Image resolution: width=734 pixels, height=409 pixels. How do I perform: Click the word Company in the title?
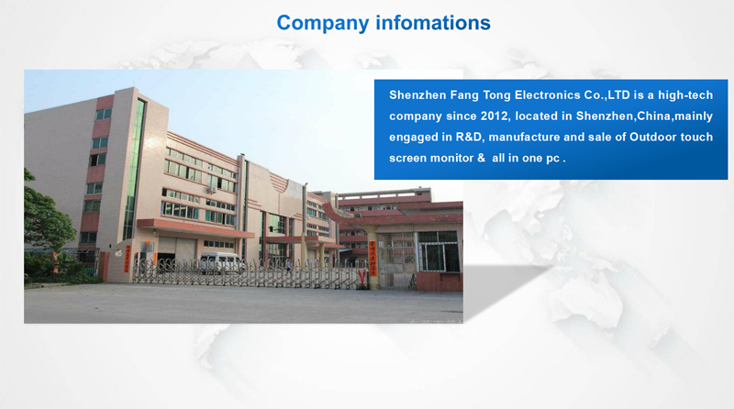[x=323, y=24]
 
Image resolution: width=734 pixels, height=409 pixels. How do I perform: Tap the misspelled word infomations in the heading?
[x=433, y=22]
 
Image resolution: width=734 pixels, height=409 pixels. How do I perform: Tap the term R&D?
[x=469, y=138]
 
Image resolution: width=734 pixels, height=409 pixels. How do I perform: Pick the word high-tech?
[x=685, y=95]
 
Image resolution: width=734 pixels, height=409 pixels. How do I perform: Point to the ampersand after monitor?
[x=481, y=158]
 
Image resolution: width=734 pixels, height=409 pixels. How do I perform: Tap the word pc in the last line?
[x=553, y=160]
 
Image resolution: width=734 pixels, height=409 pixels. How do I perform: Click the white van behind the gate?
[x=221, y=262]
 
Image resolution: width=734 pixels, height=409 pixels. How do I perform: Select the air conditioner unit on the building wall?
[x=212, y=190]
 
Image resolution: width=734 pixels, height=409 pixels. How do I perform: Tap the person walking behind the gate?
[x=289, y=266]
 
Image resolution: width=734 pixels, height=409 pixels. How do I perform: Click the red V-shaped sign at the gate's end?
[x=361, y=276]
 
